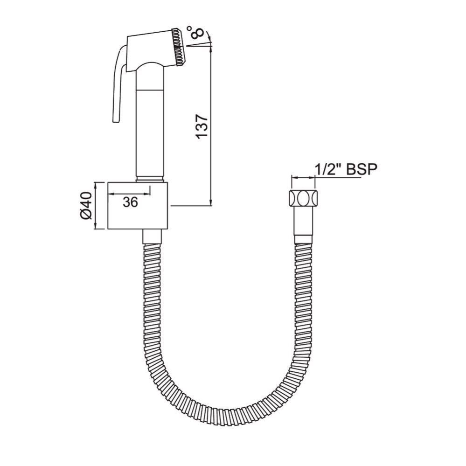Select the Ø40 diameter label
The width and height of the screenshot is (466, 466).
pos(86,206)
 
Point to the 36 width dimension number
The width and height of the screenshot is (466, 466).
pos(131,202)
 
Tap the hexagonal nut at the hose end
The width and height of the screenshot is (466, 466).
pos(302,198)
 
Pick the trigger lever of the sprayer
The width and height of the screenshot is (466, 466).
pos(117,84)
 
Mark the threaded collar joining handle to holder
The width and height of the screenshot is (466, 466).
pos(151,179)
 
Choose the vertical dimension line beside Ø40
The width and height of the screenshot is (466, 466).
pos(96,206)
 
